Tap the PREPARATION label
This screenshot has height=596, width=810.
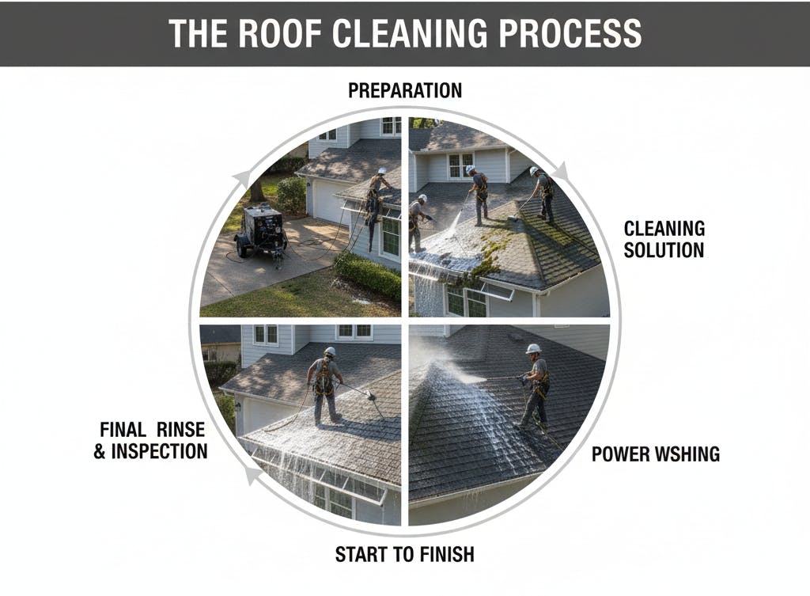point(405,90)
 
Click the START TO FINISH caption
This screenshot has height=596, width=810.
point(404,554)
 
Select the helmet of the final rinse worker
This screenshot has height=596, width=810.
point(329,351)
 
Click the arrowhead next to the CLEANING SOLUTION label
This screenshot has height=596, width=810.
point(560,171)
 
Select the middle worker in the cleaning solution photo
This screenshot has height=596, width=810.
point(478,192)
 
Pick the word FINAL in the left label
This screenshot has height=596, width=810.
point(123,430)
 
